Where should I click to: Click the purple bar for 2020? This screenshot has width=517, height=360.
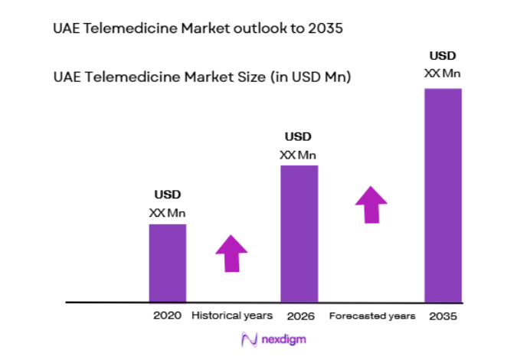tap(167, 262)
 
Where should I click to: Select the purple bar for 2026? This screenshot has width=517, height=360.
tap(299, 233)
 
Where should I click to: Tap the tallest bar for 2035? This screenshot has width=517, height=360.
tap(443, 195)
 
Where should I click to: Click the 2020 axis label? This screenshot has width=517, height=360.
tap(167, 316)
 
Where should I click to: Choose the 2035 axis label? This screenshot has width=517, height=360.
tap(443, 316)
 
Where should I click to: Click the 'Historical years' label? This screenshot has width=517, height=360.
tap(231, 316)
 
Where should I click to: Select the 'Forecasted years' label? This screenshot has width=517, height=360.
tap(372, 316)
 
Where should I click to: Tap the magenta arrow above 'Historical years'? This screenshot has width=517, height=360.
tap(231, 253)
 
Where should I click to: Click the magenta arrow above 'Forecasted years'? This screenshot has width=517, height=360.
tap(371, 204)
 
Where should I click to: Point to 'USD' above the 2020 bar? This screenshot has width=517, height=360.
tap(167, 195)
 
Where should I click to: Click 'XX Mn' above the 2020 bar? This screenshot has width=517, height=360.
tap(167, 212)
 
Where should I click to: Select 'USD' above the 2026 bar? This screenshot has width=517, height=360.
tap(299, 137)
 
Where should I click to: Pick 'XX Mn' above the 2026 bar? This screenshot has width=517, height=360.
tap(299, 155)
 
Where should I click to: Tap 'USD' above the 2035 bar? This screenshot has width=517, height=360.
tap(443, 55)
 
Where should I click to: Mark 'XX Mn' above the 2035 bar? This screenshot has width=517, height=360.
tap(443, 73)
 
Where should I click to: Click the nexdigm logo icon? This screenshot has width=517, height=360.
tap(247, 339)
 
